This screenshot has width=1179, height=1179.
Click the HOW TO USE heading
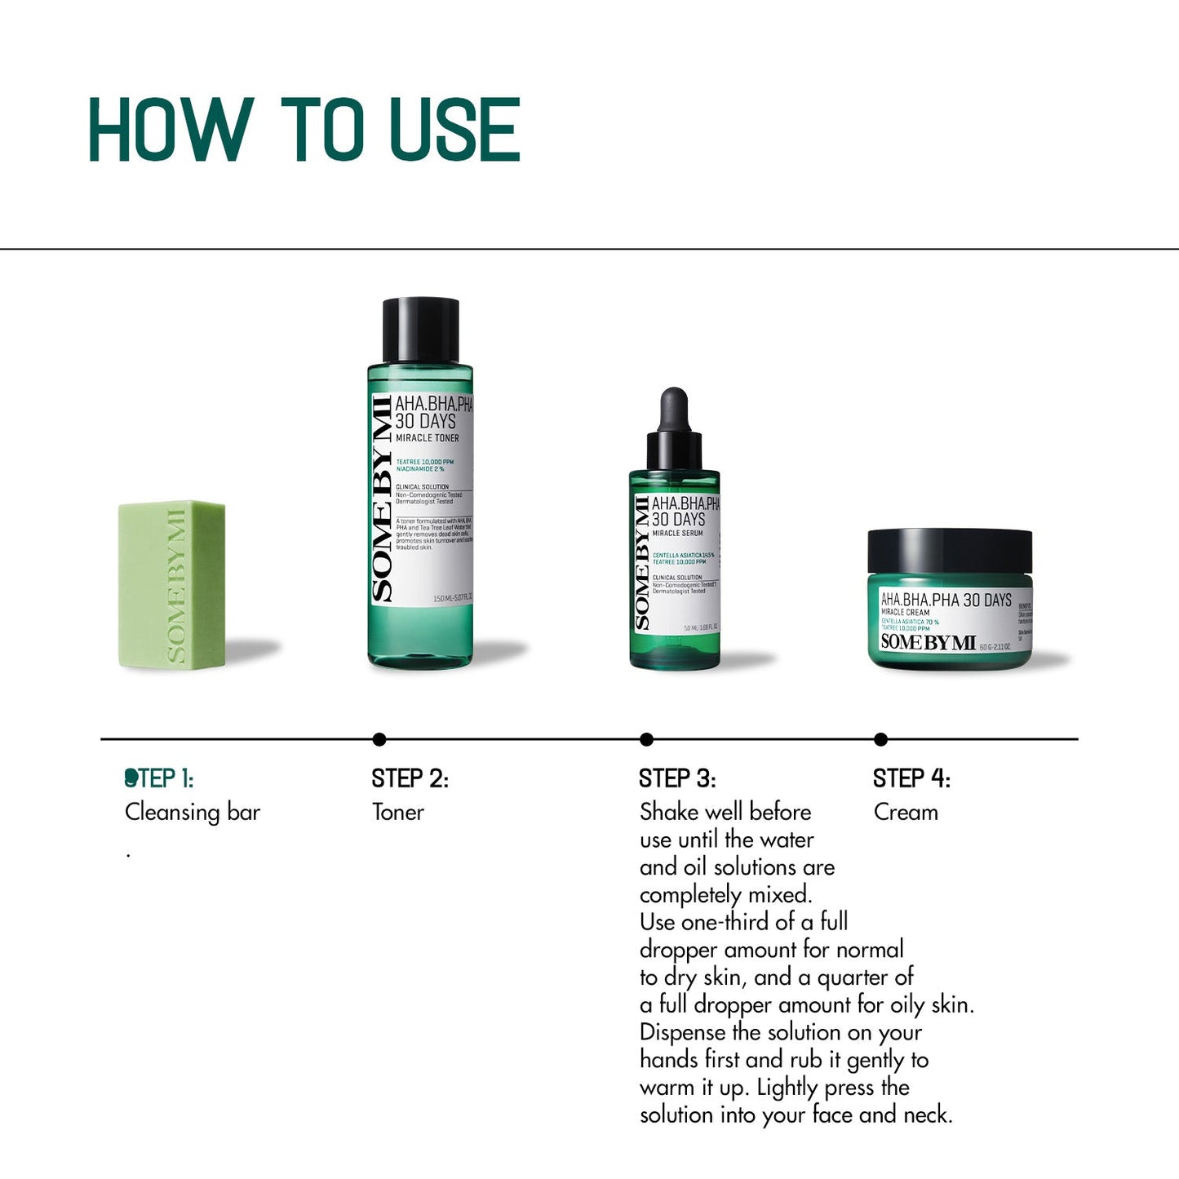coord(304,130)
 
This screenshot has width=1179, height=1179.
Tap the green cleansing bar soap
coord(172,584)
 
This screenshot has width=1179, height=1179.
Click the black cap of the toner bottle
coord(420,330)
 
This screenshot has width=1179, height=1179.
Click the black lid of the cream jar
coord(949,551)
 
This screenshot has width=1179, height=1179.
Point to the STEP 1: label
coord(159,778)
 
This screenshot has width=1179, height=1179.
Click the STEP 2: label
coord(410,778)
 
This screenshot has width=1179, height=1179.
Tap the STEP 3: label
coord(677,778)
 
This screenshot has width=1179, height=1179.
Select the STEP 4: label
coord(911,778)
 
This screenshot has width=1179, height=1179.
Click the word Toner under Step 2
coord(398,812)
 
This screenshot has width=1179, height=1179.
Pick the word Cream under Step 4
coord(906,812)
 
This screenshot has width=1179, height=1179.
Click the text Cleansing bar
coord(193,813)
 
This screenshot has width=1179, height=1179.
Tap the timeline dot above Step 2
coord(379,739)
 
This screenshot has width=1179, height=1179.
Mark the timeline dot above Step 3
coord(647,739)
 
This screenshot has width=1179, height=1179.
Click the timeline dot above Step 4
coord(880,739)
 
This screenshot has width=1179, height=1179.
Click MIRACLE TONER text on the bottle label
coord(428,438)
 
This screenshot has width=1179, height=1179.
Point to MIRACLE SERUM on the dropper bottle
coord(677,533)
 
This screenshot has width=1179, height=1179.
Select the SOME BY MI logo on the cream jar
coord(928,642)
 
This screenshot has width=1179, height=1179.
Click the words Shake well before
coord(725,812)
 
